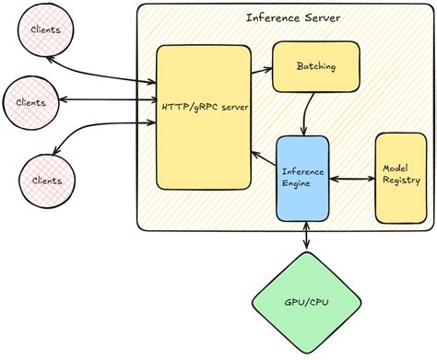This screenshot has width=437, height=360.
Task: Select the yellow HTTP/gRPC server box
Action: click(204, 138)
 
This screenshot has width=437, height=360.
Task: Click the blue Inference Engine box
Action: click(302, 178)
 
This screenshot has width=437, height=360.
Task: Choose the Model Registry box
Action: click(401, 176)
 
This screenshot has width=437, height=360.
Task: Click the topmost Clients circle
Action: click(45, 29)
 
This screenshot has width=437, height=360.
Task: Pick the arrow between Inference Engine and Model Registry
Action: click(351, 179)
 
